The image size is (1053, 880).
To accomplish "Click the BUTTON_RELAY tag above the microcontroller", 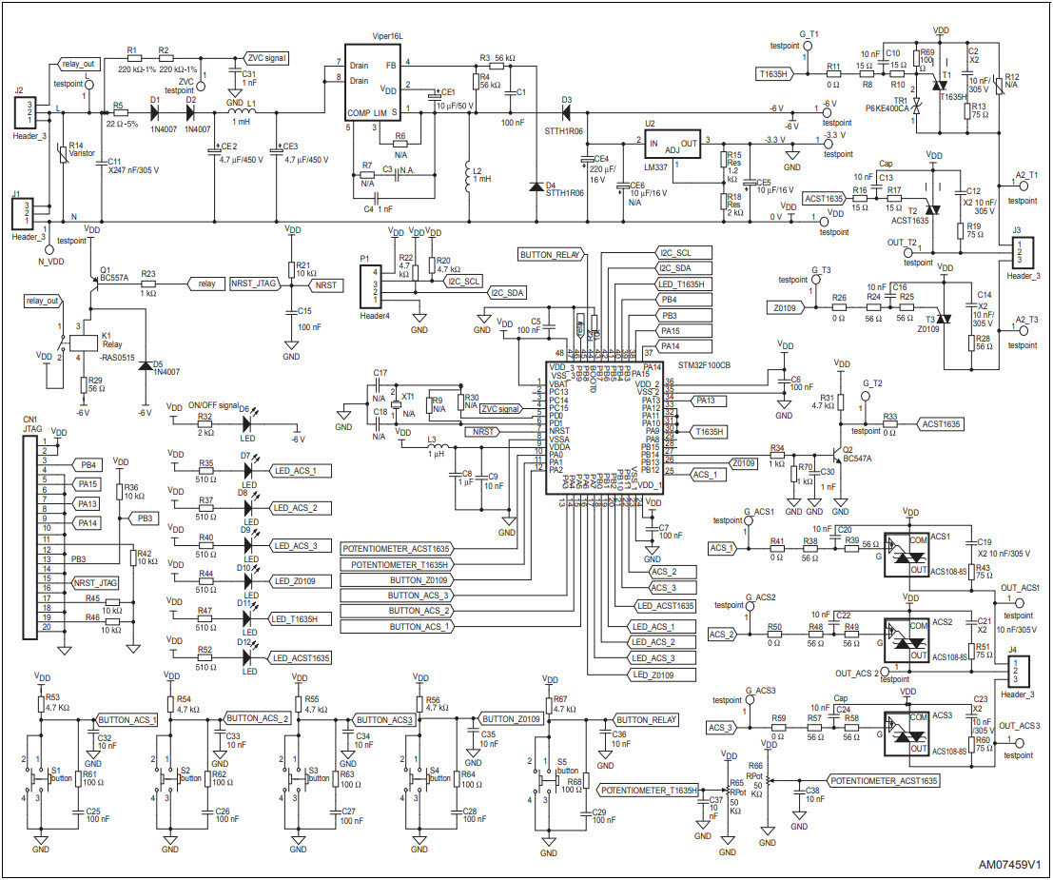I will point(551,255).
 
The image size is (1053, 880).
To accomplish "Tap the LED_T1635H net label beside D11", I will point(301,619).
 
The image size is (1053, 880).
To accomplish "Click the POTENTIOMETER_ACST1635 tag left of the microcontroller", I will point(396,548).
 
